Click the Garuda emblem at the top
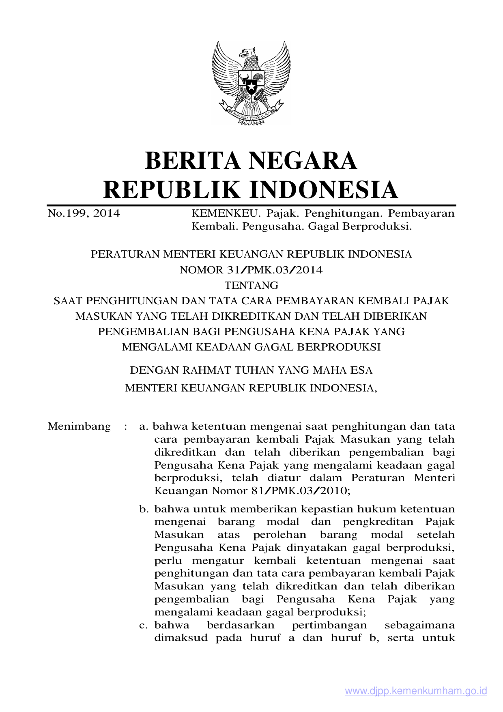[x=251, y=83]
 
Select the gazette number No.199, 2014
[x=84, y=213]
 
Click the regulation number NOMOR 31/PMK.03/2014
[x=251, y=270]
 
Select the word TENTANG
[x=251, y=286]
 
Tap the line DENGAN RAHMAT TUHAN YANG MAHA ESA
[x=251, y=370]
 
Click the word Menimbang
[x=79, y=426]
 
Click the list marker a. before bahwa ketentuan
[x=144, y=427]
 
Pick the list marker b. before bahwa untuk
[x=144, y=509]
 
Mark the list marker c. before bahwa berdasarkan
[x=144, y=625]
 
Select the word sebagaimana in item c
[x=419, y=625]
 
